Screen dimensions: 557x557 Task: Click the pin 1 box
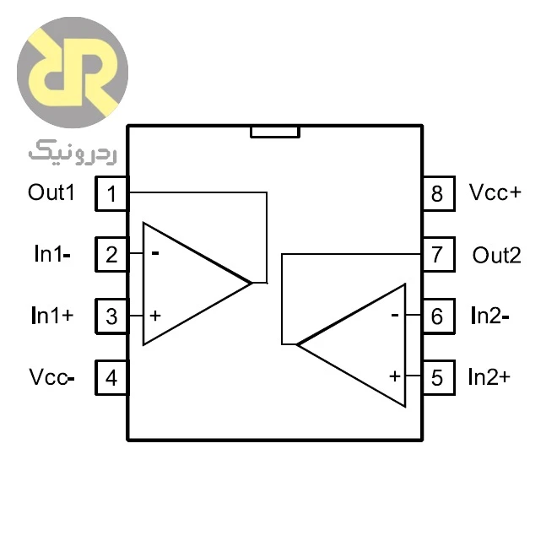coord(111,193)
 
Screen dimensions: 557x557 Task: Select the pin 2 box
coord(111,254)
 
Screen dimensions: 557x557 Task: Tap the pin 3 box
coord(111,316)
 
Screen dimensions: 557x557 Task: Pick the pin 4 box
coord(111,377)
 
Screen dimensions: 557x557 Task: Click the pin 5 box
coord(438,377)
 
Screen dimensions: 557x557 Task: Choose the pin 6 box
coord(438,316)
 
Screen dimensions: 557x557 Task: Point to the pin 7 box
coord(438,254)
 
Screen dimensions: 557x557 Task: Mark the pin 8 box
coord(438,193)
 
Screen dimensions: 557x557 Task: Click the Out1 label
coord(51,192)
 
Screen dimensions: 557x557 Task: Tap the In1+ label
coord(52,315)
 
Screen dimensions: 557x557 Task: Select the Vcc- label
coord(51,377)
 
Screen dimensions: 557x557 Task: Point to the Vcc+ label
coord(495,192)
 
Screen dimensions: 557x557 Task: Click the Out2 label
coord(496,255)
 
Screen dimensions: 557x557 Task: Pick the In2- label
coord(489,316)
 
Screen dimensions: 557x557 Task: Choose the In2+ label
coord(489,377)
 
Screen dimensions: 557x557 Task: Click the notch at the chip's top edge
coord(275,132)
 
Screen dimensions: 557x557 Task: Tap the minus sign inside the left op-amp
coord(155,253)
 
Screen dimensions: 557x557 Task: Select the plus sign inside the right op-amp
coord(395,376)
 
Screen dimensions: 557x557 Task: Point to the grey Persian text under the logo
coord(73,153)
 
